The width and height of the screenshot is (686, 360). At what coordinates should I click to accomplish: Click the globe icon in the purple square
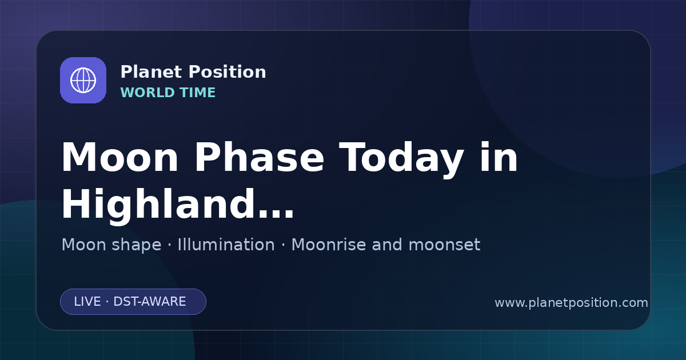click(83, 80)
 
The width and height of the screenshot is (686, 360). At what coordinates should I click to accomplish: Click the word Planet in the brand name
click(151, 72)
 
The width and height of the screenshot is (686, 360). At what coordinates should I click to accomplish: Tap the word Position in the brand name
click(228, 72)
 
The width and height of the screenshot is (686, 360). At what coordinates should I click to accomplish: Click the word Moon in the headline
click(119, 158)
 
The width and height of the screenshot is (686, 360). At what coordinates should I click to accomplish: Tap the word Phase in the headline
click(259, 157)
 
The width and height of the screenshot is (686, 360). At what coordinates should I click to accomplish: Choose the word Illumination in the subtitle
click(226, 245)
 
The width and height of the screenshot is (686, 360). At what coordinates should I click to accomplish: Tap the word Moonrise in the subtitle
click(328, 245)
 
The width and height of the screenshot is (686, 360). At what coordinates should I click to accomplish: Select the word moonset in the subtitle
click(444, 245)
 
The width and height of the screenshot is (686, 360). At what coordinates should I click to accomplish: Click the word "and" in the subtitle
click(387, 245)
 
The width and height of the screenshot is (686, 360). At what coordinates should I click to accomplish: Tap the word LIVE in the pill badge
click(87, 302)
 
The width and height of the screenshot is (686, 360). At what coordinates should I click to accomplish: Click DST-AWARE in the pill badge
click(150, 302)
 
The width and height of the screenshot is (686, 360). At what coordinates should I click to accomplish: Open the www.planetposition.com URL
click(571, 303)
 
